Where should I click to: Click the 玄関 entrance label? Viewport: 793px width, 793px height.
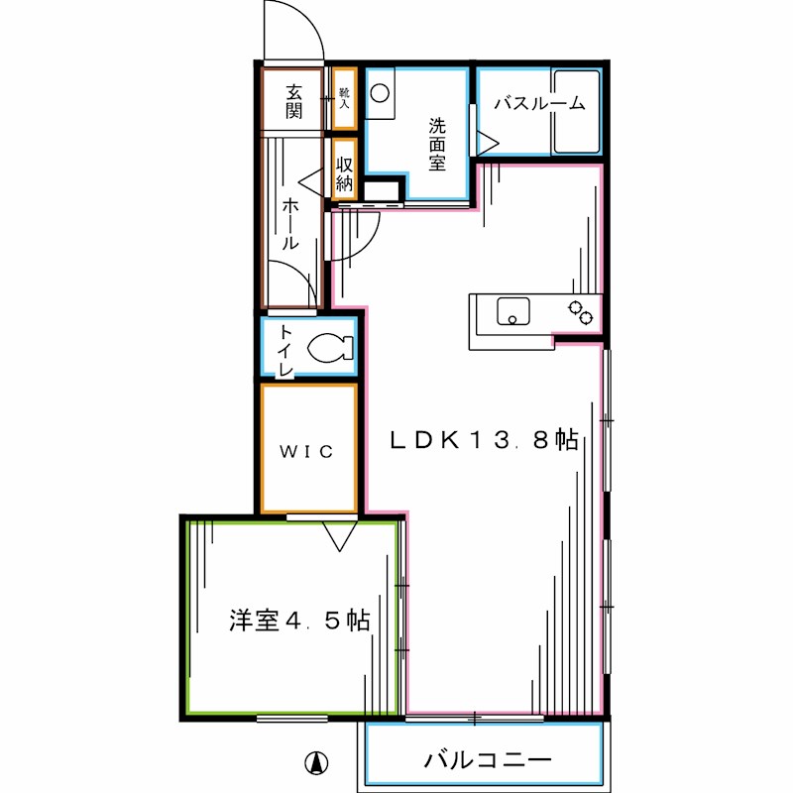[293, 100]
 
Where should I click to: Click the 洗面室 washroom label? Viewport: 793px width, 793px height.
[437, 144]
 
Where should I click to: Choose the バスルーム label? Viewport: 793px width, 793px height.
[539, 103]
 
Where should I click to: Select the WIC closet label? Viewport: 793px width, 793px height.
[305, 452]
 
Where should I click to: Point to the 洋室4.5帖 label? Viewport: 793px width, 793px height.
[299, 622]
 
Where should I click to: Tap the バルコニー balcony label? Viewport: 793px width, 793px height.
[488, 761]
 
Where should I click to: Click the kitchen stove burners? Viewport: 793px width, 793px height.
[581, 311]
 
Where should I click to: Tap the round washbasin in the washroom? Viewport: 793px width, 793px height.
[381, 93]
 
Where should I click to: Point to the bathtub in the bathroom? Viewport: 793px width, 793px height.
[577, 111]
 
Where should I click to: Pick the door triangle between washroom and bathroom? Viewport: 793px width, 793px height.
[488, 142]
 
